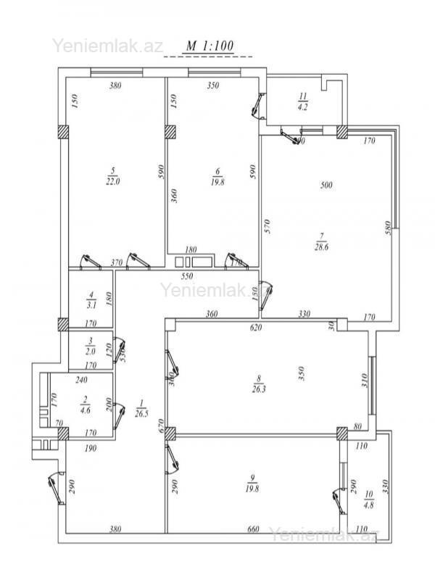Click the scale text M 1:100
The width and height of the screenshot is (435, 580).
point(210,46)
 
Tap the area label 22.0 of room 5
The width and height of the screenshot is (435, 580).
point(112,182)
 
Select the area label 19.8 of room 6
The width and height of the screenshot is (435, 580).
point(217,182)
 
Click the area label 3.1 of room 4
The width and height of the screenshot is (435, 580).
point(91,305)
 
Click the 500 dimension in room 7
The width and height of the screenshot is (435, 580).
point(326,186)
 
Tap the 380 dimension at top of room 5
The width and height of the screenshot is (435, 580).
point(115,86)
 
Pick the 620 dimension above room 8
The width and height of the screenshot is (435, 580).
point(256,328)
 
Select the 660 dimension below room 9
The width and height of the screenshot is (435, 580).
point(253,530)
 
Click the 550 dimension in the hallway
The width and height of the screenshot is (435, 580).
point(187,276)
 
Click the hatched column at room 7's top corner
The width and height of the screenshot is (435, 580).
point(341,132)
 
